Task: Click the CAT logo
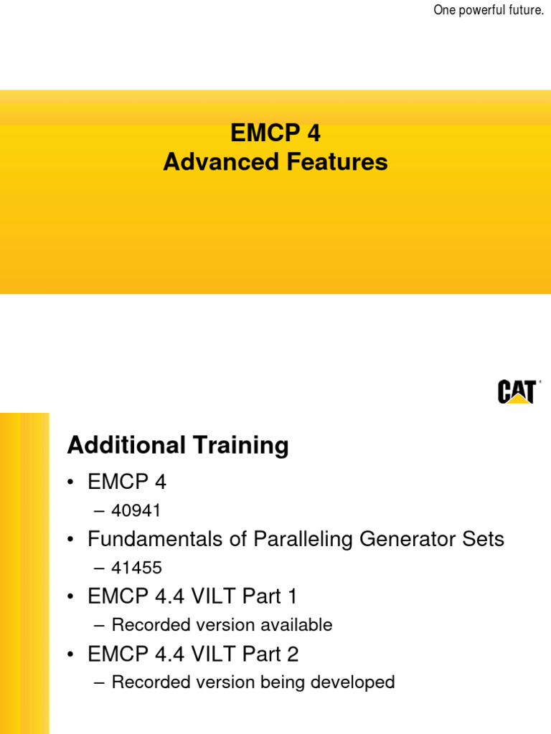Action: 517,392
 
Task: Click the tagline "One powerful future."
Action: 489,10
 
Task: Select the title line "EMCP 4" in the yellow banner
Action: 275,133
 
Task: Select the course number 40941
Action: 136,510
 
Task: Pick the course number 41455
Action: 136,568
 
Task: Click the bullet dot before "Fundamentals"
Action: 71,540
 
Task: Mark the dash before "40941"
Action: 98,511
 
